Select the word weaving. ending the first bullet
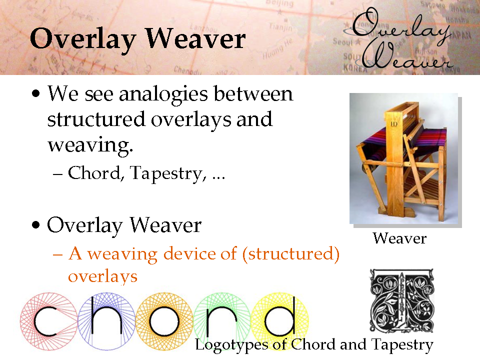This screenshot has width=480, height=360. click(x=90, y=145)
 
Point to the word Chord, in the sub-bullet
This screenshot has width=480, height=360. click(x=95, y=173)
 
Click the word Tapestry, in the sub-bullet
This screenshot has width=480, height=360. click(x=168, y=174)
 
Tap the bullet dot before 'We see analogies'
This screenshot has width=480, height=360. click(x=36, y=93)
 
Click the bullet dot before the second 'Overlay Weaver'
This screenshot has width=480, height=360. click(x=36, y=225)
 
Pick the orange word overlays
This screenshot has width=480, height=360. click(x=102, y=276)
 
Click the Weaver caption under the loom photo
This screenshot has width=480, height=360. click(x=399, y=238)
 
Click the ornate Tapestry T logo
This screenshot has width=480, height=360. click(x=401, y=300)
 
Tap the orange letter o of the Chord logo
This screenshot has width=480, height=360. click(x=164, y=321)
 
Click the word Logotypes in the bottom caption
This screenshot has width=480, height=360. click(x=232, y=345)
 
